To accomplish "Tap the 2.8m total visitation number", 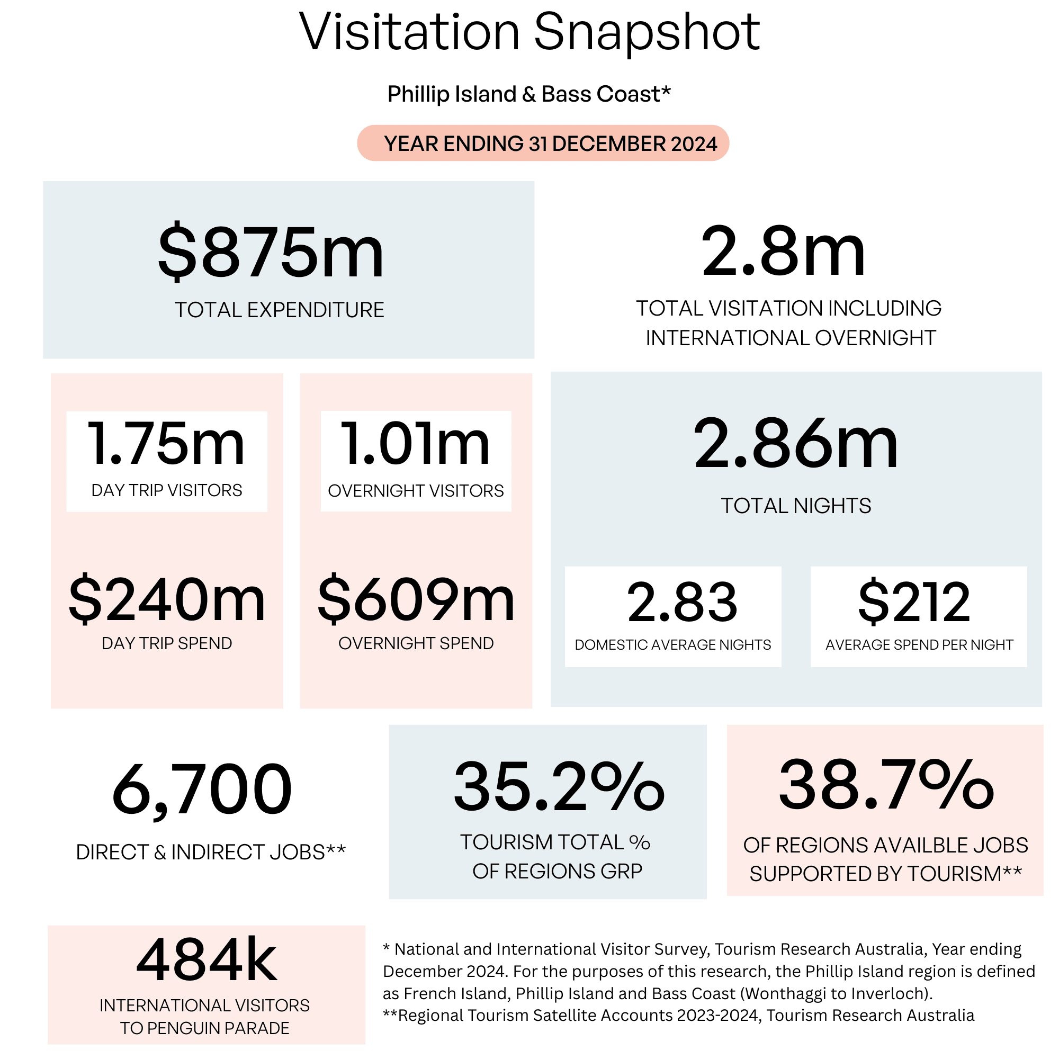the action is coord(783,252).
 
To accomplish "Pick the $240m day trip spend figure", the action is coord(167,599).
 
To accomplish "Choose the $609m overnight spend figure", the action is coord(416,599).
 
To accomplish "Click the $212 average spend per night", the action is coord(914,602).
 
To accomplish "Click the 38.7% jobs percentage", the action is coord(886,784).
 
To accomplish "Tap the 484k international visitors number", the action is coord(207,960).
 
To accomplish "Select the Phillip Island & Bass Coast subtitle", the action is coord(529,94).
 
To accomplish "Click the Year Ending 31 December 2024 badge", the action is coord(543,143).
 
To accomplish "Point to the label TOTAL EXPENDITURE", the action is coord(280,310).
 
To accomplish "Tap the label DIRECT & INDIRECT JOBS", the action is coord(201,852).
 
